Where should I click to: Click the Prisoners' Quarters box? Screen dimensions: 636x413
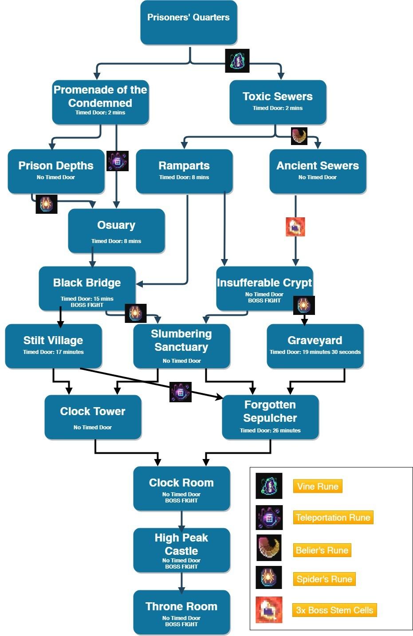coord(189,22)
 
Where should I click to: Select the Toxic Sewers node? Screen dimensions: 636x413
coord(278,102)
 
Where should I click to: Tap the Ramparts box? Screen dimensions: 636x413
coord(184,171)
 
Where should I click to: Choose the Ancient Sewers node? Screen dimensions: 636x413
coord(318,171)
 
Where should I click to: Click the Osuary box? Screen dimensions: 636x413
coord(116,231)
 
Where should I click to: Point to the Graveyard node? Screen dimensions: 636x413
coord(315,346)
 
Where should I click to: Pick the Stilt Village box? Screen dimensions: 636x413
coord(53,346)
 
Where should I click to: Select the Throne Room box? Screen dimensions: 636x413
coord(181,612)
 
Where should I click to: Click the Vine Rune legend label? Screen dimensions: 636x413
coord(318,486)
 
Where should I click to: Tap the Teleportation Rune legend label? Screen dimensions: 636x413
coord(333,518)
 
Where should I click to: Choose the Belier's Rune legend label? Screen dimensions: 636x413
coord(322,550)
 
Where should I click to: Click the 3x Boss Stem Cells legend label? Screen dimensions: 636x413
coord(334,610)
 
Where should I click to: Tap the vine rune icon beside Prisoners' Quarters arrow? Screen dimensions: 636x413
coord(237,61)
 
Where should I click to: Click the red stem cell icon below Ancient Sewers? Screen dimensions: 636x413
coord(295,227)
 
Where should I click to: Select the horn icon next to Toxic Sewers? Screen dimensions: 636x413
coord(299,136)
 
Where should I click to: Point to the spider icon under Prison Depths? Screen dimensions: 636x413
coord(47,204)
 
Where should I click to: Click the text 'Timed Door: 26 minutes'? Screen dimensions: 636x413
coord(270,430)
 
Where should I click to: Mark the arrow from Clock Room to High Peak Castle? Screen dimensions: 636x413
coord(181,520)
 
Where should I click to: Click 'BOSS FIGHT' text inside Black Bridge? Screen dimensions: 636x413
coord(87,305)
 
